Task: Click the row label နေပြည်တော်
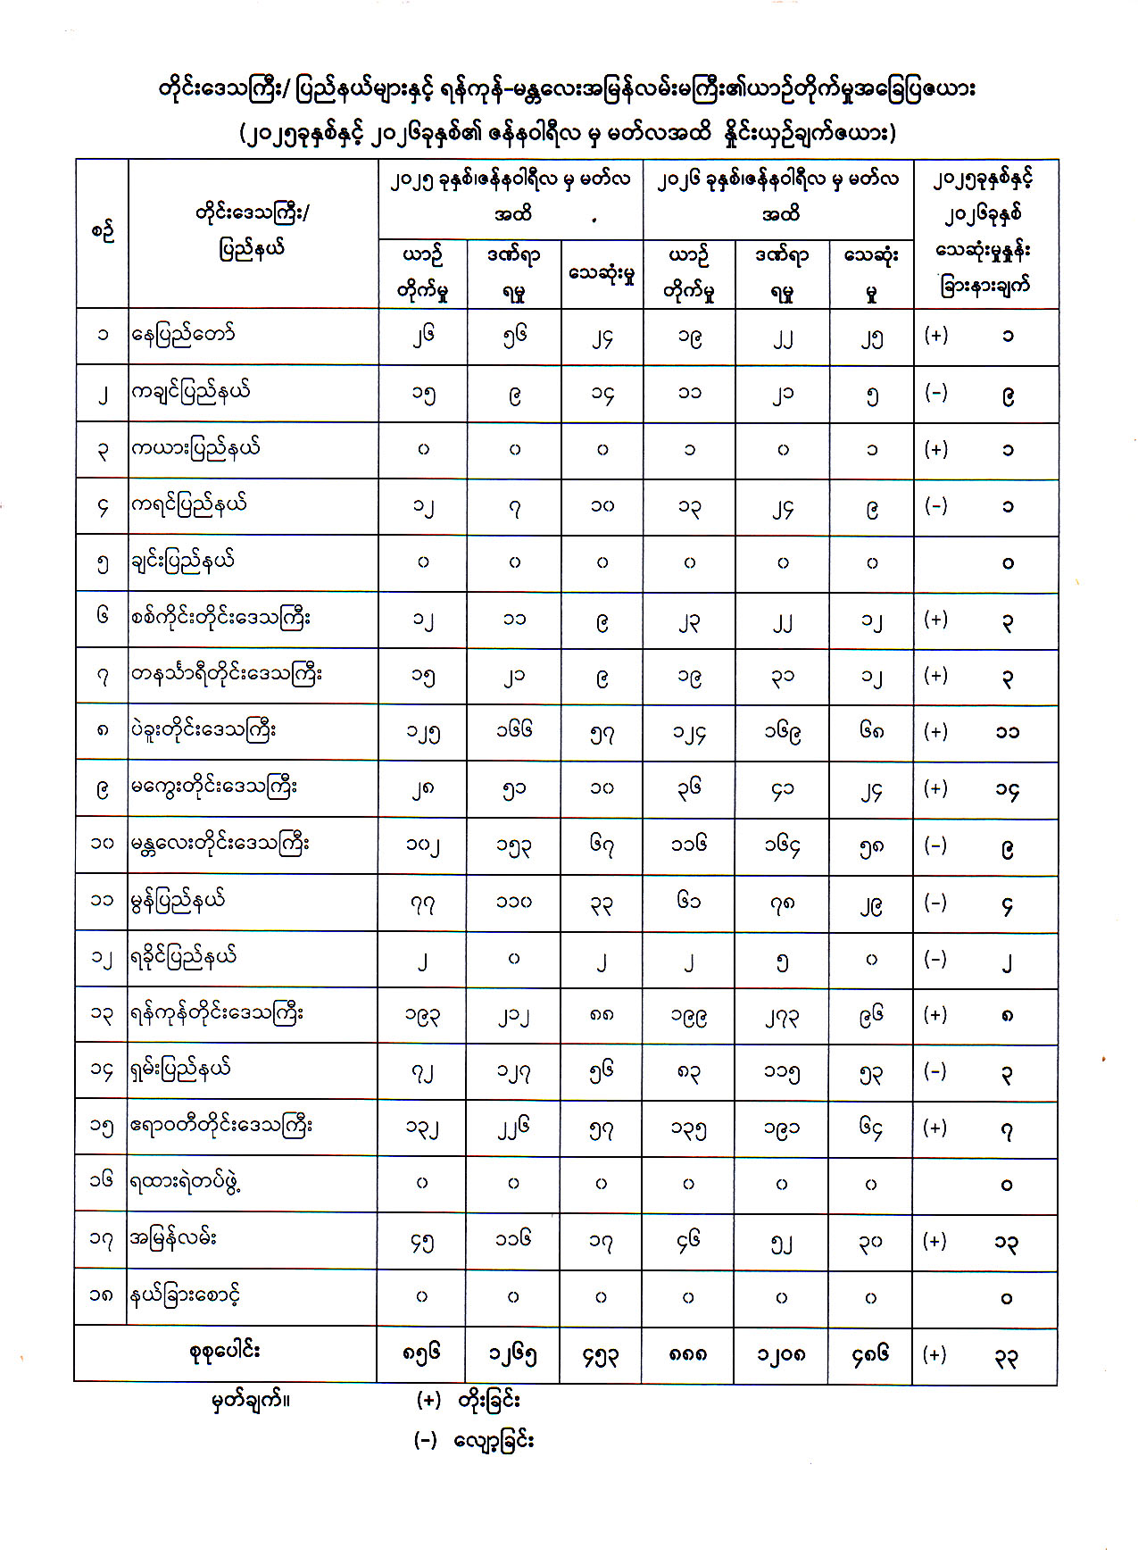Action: click(184, 336)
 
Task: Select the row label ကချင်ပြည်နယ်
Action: click(191, 392)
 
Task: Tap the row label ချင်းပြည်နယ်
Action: click(183, 562)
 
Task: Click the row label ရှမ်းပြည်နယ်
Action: click(181, 1070)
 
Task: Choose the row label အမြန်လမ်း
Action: click(174, 1239)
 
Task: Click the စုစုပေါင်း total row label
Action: click(224, 1353)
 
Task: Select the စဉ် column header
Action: click(102, 232)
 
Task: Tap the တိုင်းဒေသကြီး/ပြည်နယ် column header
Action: click(252, 230)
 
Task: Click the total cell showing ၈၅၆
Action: click(421, 1354)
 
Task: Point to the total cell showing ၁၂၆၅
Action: click(512, 1354)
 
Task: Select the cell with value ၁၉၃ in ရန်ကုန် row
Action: click(422, 1015)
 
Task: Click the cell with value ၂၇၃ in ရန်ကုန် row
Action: click(781, 1015)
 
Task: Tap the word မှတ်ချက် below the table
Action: click(250, 1400)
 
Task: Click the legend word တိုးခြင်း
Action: click(489, 1400)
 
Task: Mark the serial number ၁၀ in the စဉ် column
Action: click(102, 843)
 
